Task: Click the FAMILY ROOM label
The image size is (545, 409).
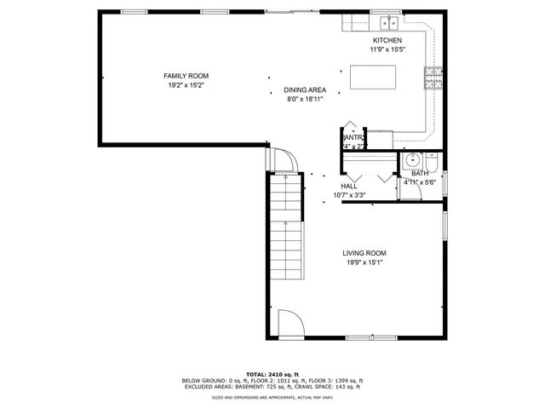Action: (186, 76)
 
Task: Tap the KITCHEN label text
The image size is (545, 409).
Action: (387, 40)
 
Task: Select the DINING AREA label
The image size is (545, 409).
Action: (305, 89)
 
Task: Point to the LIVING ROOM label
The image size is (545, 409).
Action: (364, 253)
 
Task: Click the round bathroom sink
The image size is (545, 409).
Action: (413, 159)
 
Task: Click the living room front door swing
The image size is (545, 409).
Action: (290, 323)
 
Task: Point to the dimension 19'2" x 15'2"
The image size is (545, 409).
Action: (186, 85)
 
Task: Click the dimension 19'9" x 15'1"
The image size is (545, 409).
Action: (364, 262)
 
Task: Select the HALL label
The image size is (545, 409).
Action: (348, 186)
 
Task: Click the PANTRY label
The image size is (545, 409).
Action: (353, 137)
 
